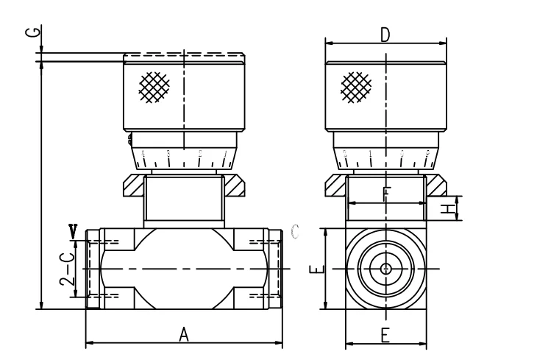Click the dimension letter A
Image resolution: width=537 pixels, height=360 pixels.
point(185,334)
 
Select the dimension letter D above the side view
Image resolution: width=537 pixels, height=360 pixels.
point(385,35)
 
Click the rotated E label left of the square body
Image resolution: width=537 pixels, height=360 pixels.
point(314,269)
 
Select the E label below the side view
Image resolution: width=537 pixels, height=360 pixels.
point(385,334)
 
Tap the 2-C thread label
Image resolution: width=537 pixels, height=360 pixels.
point(66,270)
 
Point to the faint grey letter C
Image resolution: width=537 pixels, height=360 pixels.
point(295,232)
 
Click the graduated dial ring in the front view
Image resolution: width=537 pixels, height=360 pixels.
point(184,157)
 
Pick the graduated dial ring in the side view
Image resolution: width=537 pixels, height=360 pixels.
point(385,157)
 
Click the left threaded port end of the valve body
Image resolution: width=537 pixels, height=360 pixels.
point(93,269)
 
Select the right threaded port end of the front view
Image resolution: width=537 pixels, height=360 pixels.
point(274,269)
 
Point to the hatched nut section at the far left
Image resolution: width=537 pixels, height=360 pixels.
point(132,186)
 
